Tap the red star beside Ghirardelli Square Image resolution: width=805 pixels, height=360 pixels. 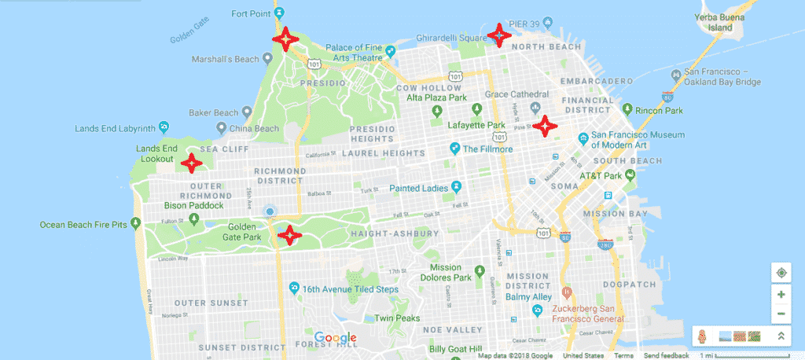coord(498,35)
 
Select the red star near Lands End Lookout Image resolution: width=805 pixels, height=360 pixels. coord(189,163)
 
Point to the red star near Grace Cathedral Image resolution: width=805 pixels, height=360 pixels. coord(544,125)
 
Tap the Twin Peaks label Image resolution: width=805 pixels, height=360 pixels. coord(394,318)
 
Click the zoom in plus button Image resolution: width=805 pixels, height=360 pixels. coord(781,295)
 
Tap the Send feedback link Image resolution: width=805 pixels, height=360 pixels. coord(665,355)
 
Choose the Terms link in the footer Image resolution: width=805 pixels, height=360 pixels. coord(623,355)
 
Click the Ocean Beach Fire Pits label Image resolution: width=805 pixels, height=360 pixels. coord(83,225)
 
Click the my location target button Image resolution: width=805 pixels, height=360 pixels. coord(781,273)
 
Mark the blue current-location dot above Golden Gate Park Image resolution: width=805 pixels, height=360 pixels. coord(270,212)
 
